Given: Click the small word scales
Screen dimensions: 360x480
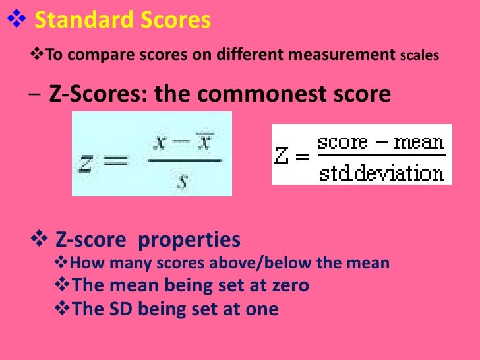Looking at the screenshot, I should (x=419, y=56).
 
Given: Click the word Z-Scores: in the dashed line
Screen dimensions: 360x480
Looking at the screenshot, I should (x=99, y=94).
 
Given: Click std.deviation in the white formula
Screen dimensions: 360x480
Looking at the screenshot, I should (x=382, y=173).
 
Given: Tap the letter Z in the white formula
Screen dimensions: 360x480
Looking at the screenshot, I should (x=282, y=157).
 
